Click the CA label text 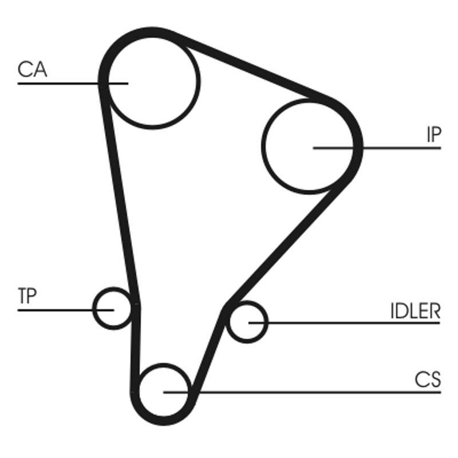[32, 70]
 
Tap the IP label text [433, 135]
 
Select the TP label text [27, 296]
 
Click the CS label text [428, 380]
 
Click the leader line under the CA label [57, 84]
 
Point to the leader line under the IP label [401, 148]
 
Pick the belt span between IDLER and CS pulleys [208, 349]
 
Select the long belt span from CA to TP [120, 195]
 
